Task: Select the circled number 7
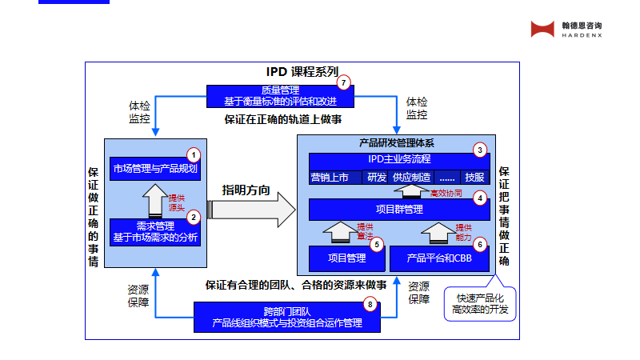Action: click(344, 82)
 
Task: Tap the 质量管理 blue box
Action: click(279, 96)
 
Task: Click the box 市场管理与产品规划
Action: click(154, 169)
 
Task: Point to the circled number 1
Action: click(193, 154)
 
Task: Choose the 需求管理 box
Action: click(154, 231)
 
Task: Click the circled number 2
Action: click(193, 216)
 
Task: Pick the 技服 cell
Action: click(474, 177)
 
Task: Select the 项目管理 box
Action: click(346, 258)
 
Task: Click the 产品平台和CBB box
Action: click(439, 258)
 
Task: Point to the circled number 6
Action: click(480, 244)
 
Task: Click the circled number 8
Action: click(369, 304)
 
